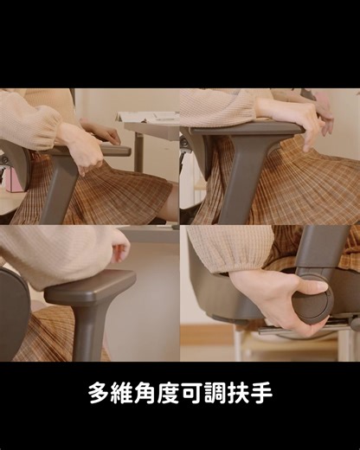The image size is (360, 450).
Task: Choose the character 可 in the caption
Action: coord(192,394)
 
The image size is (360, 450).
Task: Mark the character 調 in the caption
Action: coord(215,394)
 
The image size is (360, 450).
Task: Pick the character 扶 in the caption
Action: coord(238,394)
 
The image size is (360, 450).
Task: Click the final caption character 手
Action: coord(260,394)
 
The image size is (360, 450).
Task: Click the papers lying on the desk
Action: coord(149,117)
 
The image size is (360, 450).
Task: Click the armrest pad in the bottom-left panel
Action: coord(91,286)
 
